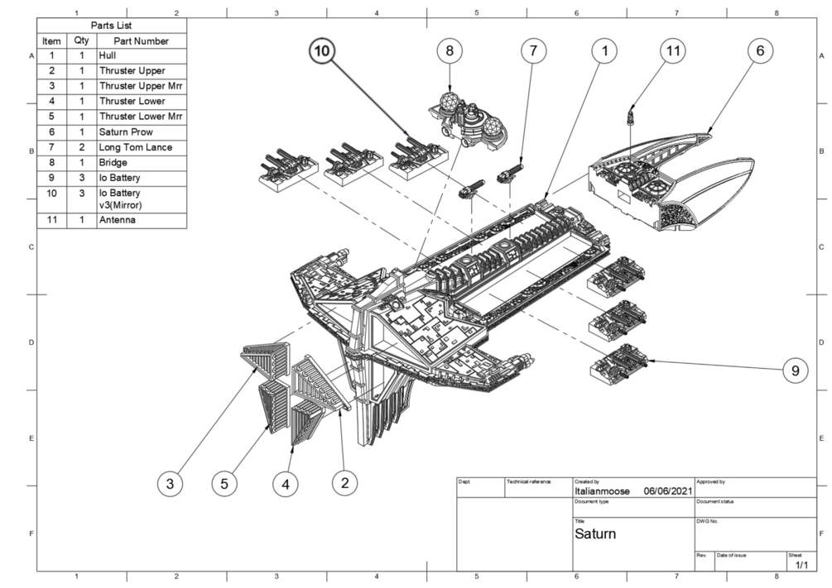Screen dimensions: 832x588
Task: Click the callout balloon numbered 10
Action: point(322,51)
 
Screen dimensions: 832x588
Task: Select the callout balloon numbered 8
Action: point(450,51)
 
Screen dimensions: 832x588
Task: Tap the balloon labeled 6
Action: point(760,51)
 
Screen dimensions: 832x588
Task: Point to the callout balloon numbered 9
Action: point(795,370)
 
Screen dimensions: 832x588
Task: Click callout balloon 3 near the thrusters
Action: point(170,484)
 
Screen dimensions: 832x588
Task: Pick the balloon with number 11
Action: point(673,51)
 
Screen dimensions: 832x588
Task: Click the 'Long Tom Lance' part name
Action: point(135,147)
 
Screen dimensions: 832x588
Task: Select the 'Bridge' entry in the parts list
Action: point(113,163)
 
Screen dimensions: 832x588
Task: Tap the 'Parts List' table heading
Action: point(111,26)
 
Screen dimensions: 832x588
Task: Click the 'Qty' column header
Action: point(82,41)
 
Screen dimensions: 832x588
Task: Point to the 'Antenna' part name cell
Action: point(118,220)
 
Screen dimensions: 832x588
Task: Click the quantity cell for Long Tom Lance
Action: point(82,147)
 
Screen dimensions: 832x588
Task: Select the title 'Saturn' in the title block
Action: point(594,533)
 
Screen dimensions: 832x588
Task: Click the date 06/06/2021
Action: point(668,491)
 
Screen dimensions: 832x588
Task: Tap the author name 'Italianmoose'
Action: point(602,491)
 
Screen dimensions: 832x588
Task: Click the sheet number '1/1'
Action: point(801,565)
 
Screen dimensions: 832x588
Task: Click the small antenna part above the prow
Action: point(631,116)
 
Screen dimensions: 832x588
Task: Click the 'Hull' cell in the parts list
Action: point(107,55)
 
